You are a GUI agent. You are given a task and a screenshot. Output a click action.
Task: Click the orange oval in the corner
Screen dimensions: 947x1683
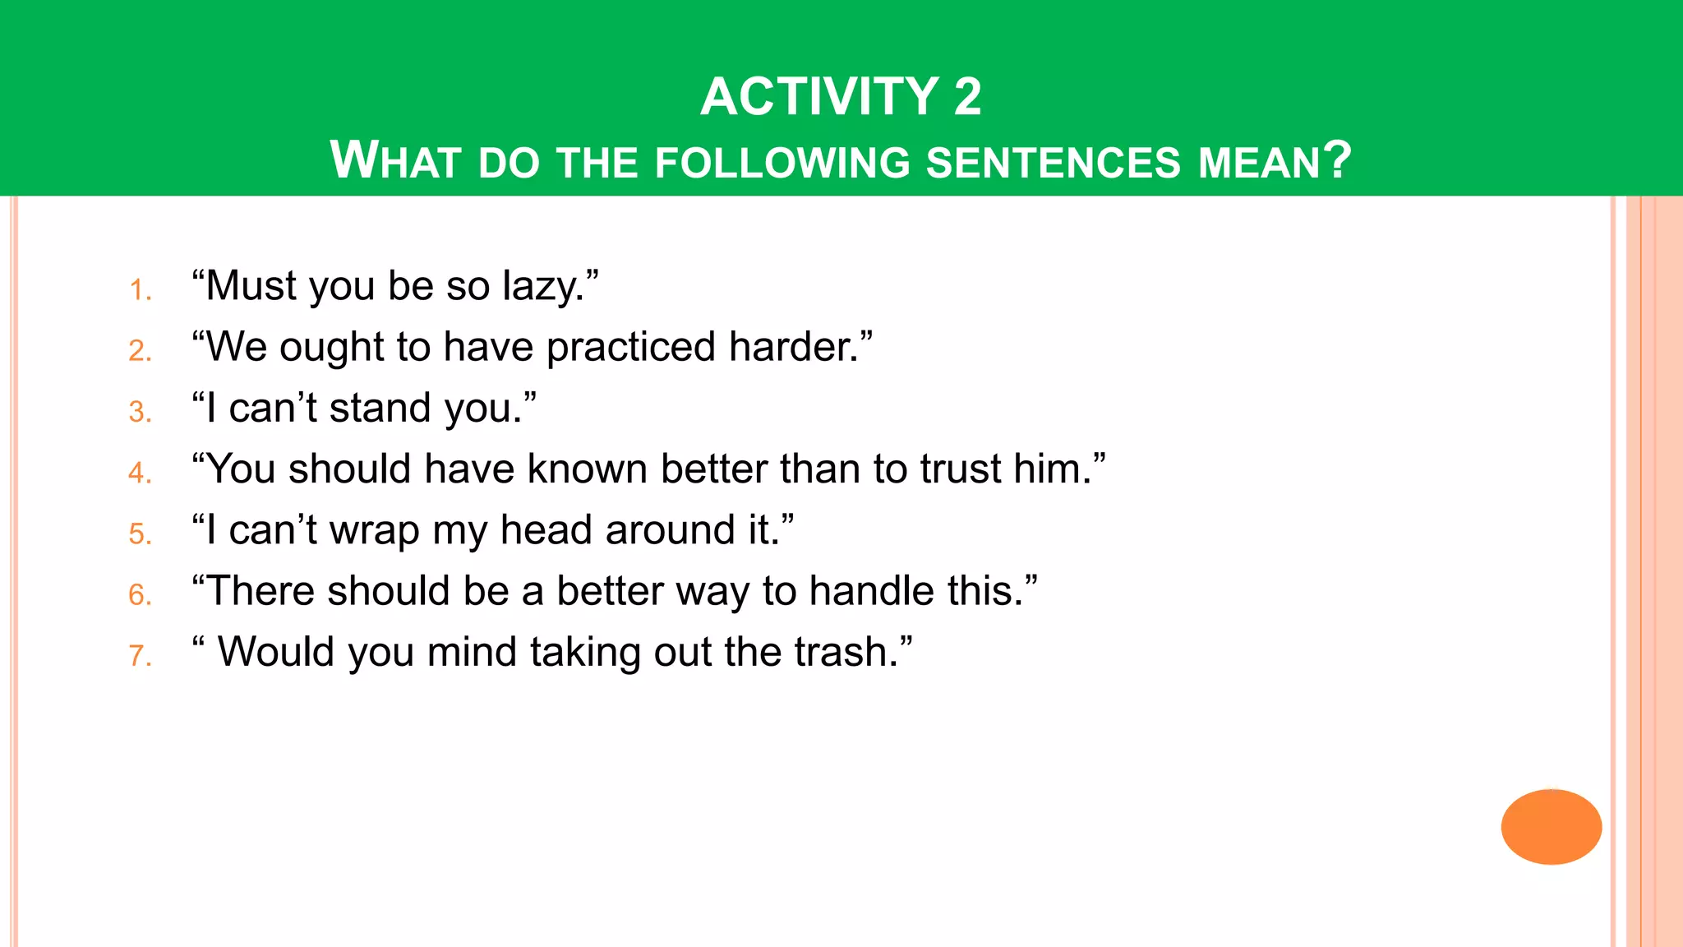(x=1551, y=826)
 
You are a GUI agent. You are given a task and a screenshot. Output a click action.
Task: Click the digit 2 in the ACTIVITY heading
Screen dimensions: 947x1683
(x=967, y=97)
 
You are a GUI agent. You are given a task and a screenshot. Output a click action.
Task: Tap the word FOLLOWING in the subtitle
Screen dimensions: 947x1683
(x=782, y=162)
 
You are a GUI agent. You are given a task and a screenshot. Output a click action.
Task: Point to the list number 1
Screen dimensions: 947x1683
(x=140, y=290)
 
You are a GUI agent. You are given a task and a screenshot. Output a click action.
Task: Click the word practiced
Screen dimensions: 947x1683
(x=631, y=348)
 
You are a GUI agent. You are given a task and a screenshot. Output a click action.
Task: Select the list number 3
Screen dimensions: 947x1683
(x=140, y=412)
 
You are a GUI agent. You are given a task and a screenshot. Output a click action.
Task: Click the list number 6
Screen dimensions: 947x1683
(x=140, y=595)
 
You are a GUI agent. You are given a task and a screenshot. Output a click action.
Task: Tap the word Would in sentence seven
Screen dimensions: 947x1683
(x=275, y=653)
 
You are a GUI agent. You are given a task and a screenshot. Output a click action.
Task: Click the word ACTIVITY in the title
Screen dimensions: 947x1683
(x=819, y=97)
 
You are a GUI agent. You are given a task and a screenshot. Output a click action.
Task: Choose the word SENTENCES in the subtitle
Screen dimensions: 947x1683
(x=1054, y=162)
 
